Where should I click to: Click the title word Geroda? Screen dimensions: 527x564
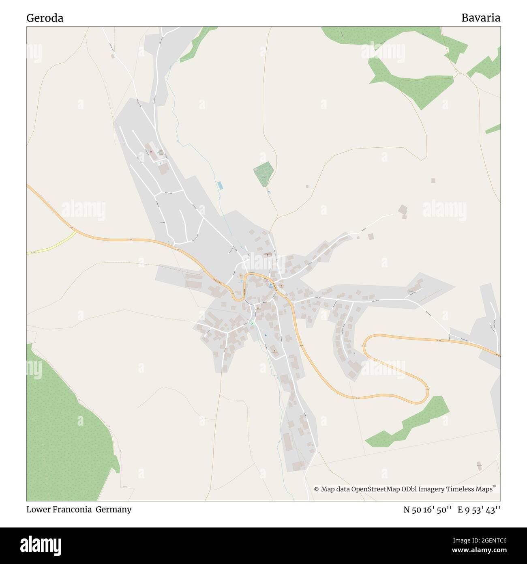click(45, 18)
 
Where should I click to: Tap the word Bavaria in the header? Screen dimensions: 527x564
click(480, 18)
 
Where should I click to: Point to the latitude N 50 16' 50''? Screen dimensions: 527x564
click(427, 510)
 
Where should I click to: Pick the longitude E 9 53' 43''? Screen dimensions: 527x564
click(479, 510)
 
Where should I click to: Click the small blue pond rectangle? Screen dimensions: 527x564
click(220, 185)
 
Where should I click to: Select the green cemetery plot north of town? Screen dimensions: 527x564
click(264, 173)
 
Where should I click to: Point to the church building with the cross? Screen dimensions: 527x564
click(267, 255)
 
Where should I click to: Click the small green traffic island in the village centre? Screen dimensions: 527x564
click(252, 323)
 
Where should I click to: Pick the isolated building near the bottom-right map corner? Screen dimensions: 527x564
click(479, 465)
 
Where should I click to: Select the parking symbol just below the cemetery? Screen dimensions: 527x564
click(268, 192)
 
